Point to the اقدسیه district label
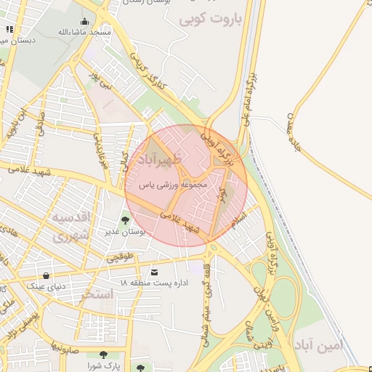(70, 218)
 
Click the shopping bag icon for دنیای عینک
(46, 275)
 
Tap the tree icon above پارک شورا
(102, 355)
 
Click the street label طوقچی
(121, 256)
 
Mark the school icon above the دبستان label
(9, 29)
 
